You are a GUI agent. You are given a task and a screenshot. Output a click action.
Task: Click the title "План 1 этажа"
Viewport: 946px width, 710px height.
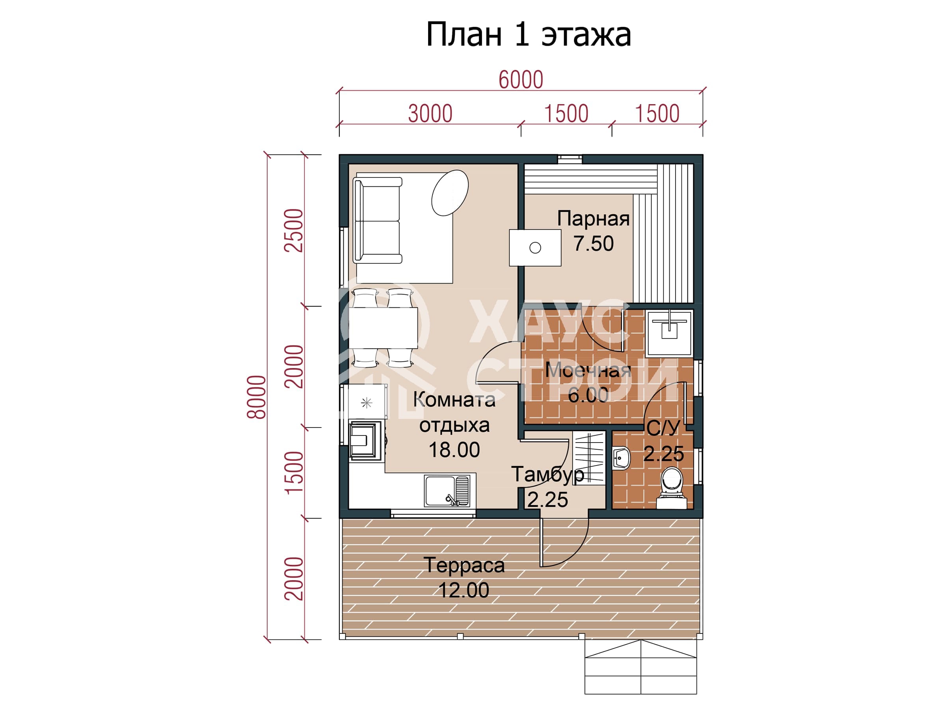(x=528, y=35)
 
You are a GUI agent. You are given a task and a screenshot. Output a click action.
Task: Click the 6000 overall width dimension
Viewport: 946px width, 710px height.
(x=521, y=80)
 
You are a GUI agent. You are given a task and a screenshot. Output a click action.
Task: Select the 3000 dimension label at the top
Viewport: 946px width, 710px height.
(x=430, y=114)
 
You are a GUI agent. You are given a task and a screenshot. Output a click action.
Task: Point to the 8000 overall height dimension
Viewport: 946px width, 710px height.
(x=257, y=397)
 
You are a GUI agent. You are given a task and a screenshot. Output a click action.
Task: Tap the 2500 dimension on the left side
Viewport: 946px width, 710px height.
(x=294, y=230)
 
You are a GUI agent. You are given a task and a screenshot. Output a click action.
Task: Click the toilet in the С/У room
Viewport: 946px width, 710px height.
(x=671, y=488)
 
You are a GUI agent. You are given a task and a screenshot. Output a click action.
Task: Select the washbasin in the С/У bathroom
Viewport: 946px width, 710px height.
(x=621, y=458)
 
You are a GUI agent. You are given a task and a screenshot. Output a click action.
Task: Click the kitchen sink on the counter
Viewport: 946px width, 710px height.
(x=447, y=491)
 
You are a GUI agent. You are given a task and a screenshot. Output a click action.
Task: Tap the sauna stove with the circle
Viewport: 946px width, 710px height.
(x=535, y=248)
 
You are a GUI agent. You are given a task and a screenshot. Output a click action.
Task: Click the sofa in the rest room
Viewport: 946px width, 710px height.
(x=377, y=220)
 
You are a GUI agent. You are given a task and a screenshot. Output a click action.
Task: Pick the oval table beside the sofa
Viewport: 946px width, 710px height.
(x=450, y=192)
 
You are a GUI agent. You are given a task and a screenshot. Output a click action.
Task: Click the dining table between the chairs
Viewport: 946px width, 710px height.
(x=383, y=328)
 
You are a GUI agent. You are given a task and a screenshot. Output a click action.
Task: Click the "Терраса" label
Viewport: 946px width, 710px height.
(x=464, y=565)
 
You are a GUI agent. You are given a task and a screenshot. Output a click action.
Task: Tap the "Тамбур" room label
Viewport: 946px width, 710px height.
(x=547, y=475)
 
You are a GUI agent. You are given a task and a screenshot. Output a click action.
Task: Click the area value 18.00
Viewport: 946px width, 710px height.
(x=454, y=450)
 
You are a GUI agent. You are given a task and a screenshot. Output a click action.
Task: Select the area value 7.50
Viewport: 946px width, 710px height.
(x=594, y=243)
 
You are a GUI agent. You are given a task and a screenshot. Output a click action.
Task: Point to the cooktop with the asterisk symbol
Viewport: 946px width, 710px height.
(x=367, y=403)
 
